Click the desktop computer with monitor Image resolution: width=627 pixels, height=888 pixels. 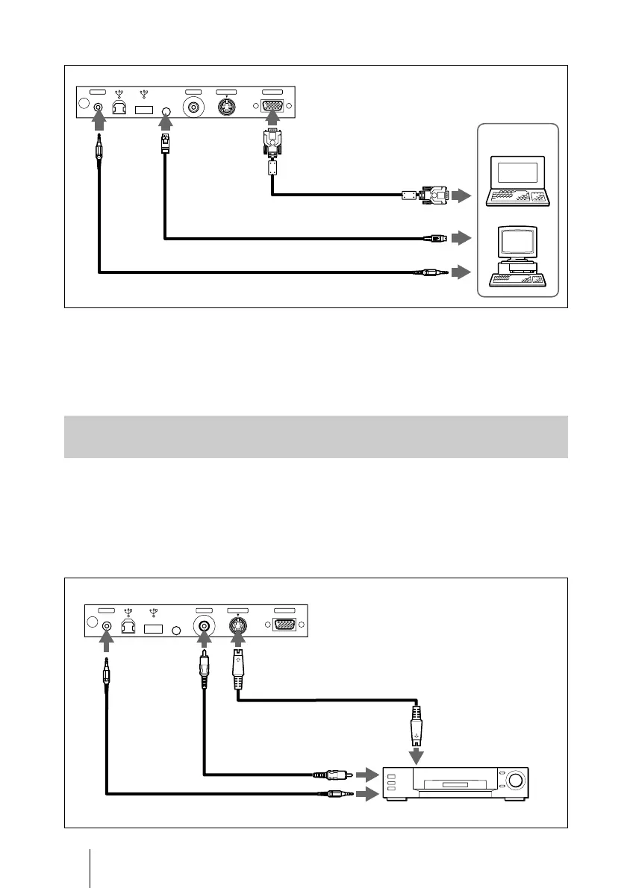click(517, 258)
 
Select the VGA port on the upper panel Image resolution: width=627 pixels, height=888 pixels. click(273, 107)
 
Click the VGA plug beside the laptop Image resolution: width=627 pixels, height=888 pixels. click(434, 196)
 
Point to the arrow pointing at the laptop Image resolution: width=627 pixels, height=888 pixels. click(462, 196)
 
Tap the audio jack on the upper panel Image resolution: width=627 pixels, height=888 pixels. click(97, 107)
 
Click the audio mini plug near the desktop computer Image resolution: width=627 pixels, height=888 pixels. click(431, 273)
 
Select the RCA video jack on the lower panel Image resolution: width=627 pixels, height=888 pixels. click(202, 626)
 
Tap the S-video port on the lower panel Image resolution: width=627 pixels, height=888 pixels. click(237, 626)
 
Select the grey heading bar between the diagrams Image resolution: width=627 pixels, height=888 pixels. click(314, 437)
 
